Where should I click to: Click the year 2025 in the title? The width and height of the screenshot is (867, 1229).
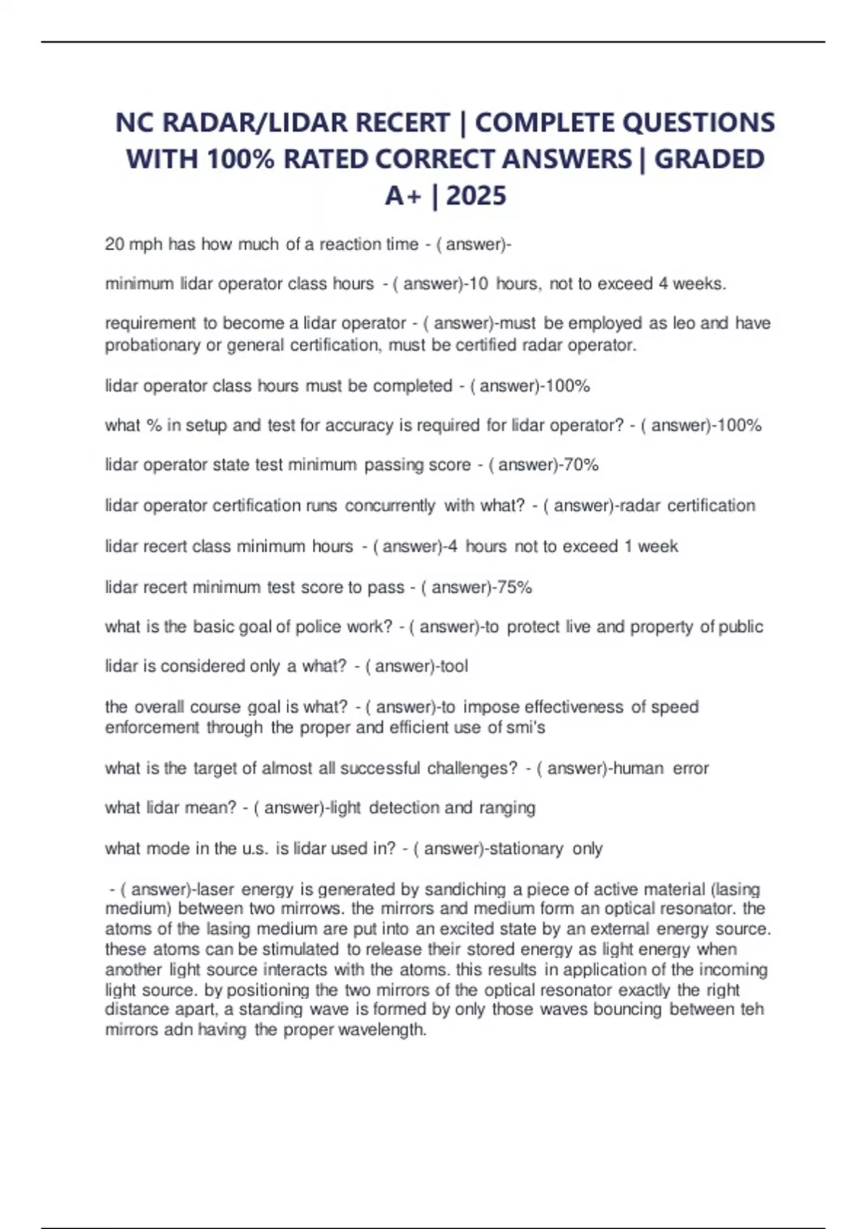pos(476,195)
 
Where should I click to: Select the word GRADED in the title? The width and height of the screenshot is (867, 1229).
pos(709,159)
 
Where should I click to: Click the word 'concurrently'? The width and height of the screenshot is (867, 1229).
pos(390,505)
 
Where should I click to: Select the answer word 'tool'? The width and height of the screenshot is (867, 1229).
pos(454,666)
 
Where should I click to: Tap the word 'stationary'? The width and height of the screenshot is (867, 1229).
pos(526,848)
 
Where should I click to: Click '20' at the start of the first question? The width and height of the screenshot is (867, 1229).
pos(114,244)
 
